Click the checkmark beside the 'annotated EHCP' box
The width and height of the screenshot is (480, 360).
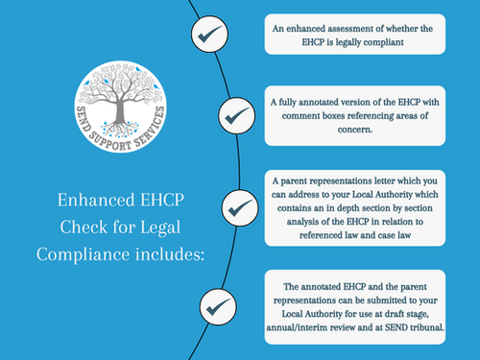click(x=213, y=308)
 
